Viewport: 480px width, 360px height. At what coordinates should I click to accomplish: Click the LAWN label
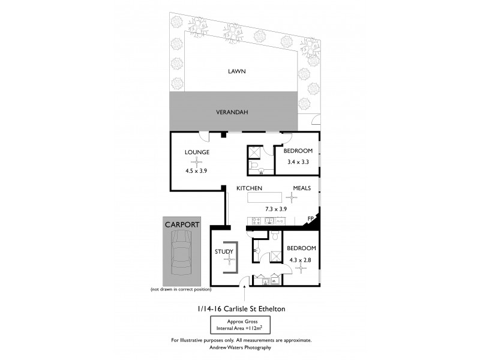tap(236, 71)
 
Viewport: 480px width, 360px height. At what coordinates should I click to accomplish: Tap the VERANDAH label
tap(232, 112)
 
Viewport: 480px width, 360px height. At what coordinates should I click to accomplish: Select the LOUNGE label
tap(197, 152)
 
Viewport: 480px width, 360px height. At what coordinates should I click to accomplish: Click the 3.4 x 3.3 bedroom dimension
tap(298, 162)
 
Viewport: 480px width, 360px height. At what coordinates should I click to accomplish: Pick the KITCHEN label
tap(249, 188)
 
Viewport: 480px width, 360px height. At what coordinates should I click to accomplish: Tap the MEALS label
tap(301, 188)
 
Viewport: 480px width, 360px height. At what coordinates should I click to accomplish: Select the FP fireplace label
tap(311, 219)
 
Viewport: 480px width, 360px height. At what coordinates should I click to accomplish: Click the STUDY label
tap(223, 251)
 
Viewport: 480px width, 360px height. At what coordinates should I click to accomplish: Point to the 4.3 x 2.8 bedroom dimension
tap(300, 260)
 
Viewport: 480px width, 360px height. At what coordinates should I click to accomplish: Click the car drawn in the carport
tap(181, 256)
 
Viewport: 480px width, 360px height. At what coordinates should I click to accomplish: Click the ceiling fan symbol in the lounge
tap(198, 161)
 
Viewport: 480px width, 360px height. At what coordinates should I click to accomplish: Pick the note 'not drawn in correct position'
tap(179, 290)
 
